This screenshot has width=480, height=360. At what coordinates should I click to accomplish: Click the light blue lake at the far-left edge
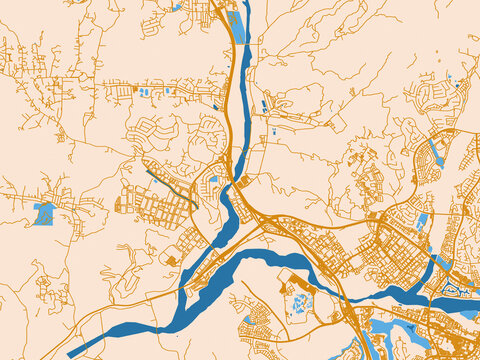[44, 213]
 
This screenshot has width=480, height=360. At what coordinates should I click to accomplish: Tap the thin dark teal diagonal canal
[170, 185]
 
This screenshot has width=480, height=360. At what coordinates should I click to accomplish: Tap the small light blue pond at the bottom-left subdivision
[249, 321]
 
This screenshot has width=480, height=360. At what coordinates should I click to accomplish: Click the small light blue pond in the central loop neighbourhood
[213, 180]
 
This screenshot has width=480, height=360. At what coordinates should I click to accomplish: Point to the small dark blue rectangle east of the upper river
[264, 105]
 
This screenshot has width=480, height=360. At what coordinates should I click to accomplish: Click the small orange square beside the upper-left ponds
[134, 90]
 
